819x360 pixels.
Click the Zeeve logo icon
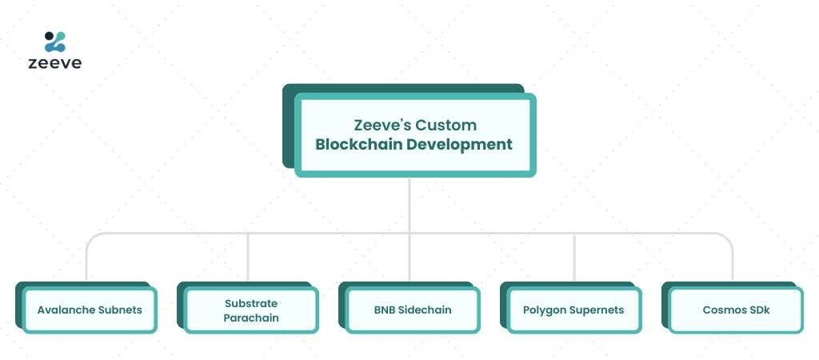coord(55,42)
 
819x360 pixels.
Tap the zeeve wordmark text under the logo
coord(55,63)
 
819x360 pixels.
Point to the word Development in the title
coord(460,144)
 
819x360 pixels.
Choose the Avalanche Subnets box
coord(90,310)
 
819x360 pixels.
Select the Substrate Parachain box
coord(251,310)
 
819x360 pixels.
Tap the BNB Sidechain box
coord(413,310)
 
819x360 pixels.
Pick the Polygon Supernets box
coord(574,310)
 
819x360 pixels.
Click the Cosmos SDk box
coord(736,310)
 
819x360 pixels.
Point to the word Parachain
coord(251,318)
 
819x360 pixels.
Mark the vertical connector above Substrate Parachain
coord(248,257)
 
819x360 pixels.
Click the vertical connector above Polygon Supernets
coord(574,258)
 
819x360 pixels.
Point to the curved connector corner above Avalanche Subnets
coord(91,238)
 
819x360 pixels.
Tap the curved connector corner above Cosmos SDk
coord(728,238)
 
